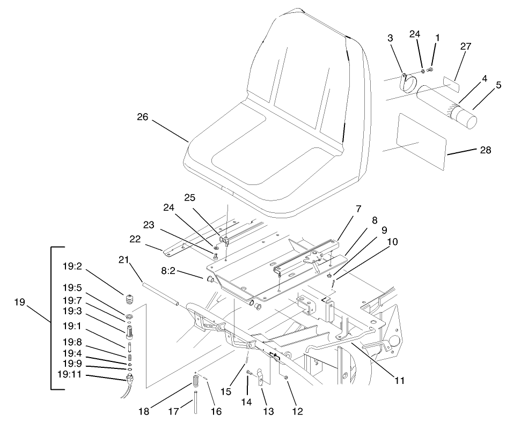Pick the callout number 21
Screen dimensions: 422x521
tap(124, 260)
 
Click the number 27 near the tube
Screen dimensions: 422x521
tap(465, 47)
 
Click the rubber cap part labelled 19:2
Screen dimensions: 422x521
tap(129, 298)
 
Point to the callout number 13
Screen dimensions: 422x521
tap(268, 411)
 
